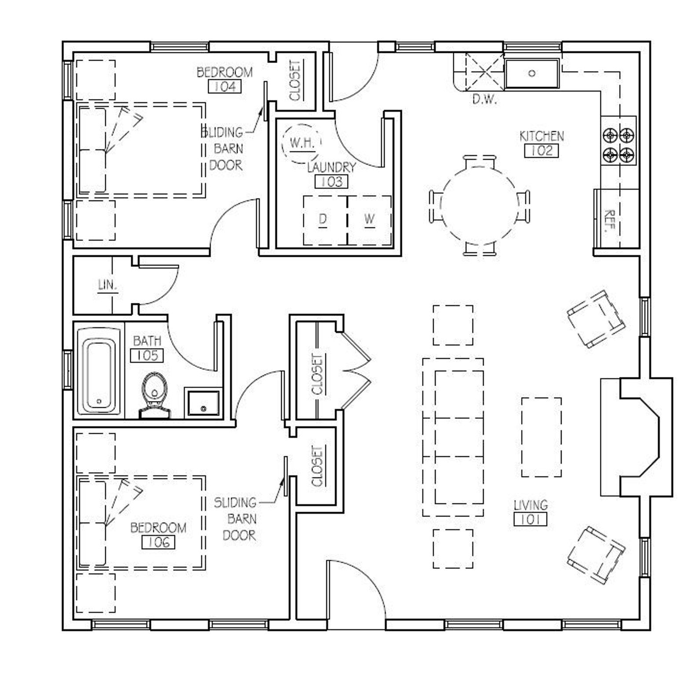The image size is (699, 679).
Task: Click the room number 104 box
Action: (225, 87)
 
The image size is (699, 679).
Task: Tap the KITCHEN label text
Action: (541, 136)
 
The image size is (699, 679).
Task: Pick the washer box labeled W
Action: (370, 220)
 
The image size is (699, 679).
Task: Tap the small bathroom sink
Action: (203, 402)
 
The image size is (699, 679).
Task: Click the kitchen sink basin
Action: (532, 73)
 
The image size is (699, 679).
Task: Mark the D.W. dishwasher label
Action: (485, 100)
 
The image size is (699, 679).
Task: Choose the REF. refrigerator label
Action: (609, 221)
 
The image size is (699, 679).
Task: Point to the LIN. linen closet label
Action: (107, 285)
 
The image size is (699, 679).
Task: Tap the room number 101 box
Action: (530, 520)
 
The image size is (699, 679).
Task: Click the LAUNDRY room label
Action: (331, 167)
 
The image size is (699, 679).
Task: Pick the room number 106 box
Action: (158, 542)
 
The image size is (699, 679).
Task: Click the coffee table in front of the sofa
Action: (541, 437)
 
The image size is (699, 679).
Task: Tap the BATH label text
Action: (147, 340)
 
